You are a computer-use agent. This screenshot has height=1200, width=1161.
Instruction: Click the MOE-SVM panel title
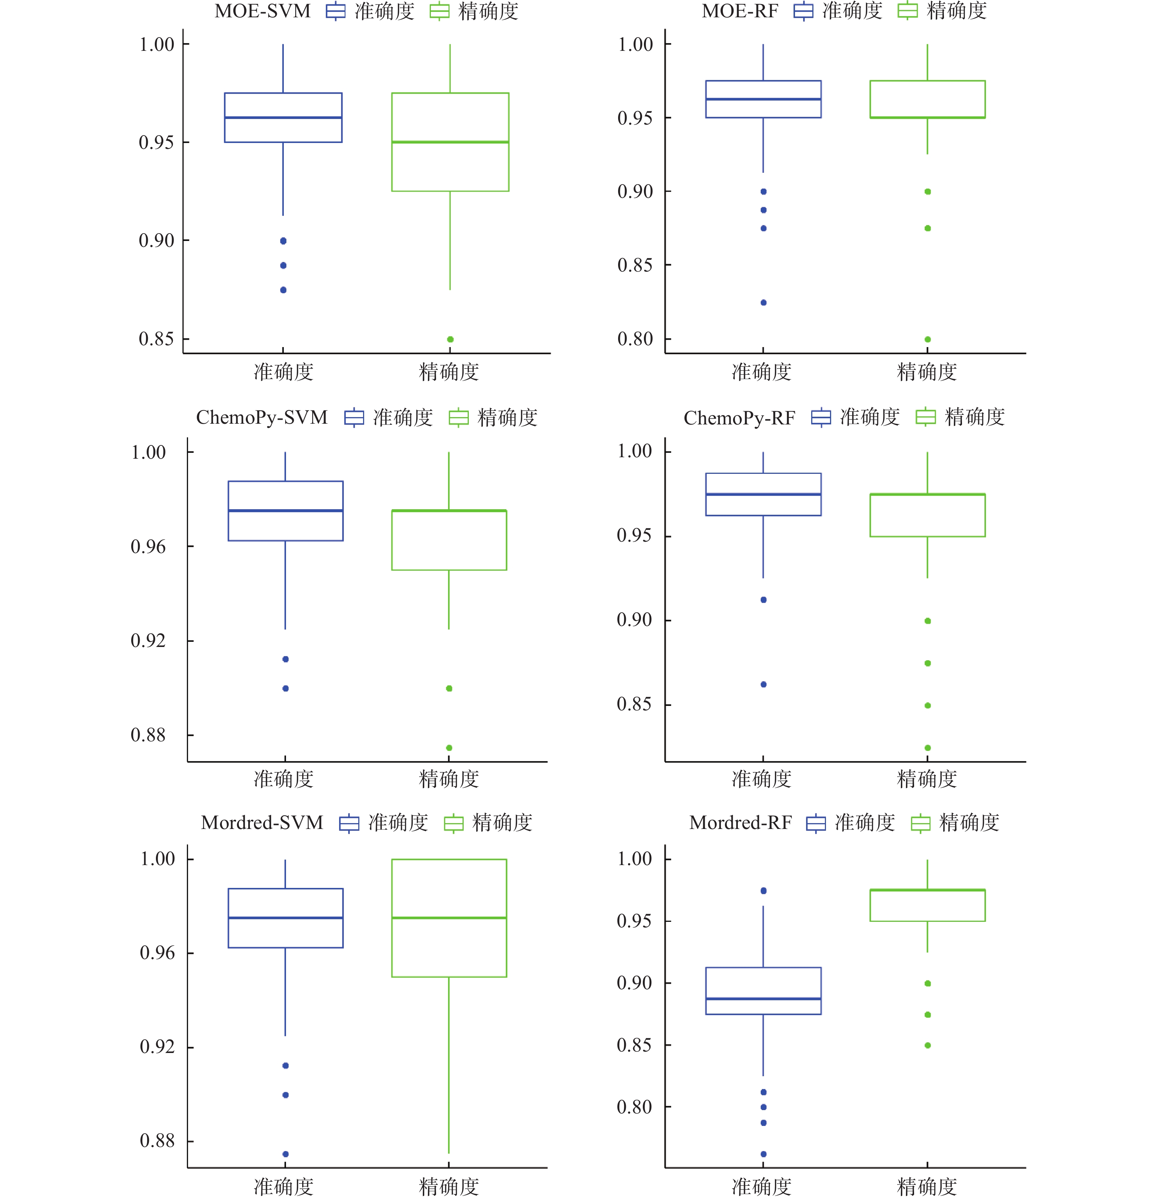pos(262,11)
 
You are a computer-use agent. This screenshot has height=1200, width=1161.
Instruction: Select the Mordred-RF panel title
pos(740,822)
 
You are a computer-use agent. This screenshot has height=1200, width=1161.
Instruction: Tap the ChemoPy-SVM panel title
pos(261,417)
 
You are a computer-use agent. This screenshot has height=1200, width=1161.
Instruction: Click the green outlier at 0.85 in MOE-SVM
pos(450,339)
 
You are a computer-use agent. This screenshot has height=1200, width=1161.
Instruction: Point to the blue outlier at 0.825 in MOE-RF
pos(764,302)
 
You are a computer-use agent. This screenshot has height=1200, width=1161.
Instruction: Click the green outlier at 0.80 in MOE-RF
pos(928,339)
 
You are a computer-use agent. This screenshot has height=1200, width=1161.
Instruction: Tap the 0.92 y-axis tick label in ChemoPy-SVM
pos(148,640)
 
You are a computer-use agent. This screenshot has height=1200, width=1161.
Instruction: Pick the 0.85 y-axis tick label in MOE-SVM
pos(156,339)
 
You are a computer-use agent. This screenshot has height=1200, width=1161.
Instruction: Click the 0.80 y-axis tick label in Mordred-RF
pos(634,1107)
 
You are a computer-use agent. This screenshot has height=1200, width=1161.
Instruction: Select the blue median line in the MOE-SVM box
pos(283,118)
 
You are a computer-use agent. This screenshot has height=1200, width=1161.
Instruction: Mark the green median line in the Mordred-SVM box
pos(449,918)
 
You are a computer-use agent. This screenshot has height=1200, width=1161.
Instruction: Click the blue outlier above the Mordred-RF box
pos(764,891)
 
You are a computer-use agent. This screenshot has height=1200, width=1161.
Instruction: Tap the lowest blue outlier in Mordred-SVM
pos(285,1154)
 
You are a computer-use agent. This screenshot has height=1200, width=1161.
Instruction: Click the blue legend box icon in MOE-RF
pos(803,11)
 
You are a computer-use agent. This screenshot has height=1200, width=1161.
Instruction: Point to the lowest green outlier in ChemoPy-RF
pos(928,748)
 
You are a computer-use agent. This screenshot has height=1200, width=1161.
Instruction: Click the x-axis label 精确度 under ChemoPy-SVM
pos(449,779)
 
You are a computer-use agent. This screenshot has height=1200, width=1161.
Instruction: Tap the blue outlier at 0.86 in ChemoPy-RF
pos(764,685)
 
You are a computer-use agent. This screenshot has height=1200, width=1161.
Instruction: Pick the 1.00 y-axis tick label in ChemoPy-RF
pos(634,451)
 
